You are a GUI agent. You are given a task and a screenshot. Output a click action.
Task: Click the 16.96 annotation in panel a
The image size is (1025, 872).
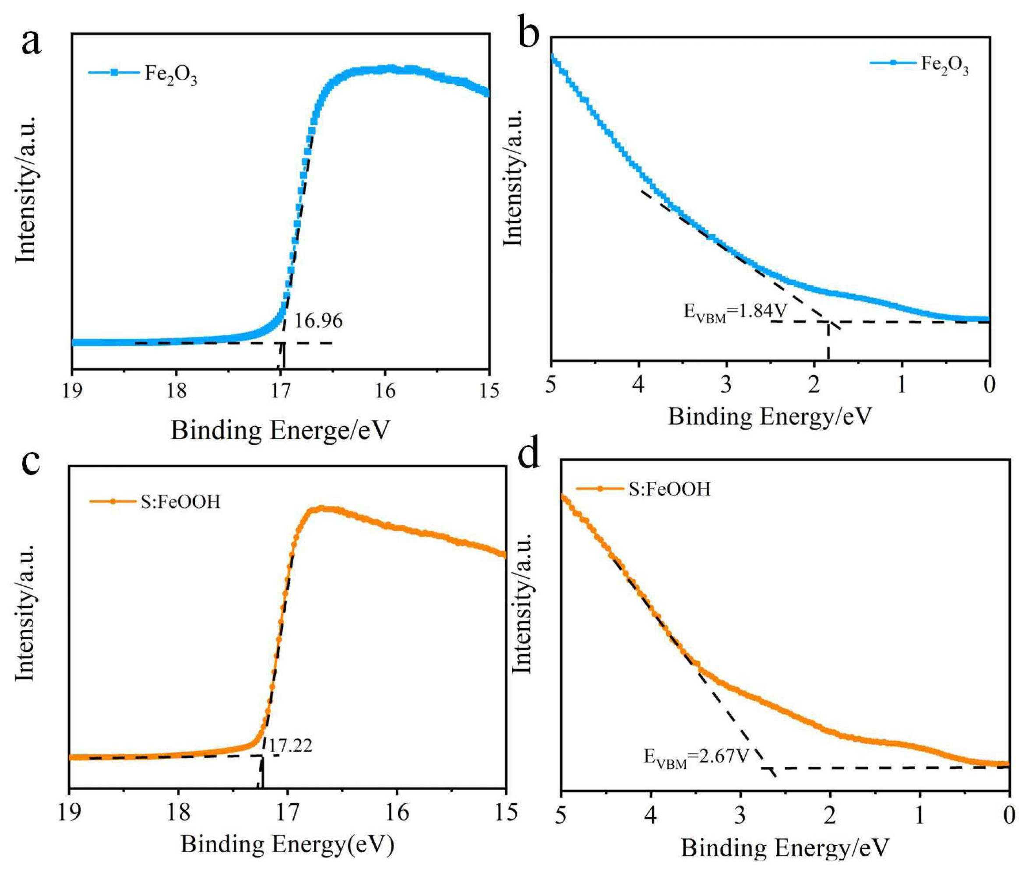318,321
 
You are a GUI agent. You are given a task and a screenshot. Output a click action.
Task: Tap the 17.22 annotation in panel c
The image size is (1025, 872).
290,745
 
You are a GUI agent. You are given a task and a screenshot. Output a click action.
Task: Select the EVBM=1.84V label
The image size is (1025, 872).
735,312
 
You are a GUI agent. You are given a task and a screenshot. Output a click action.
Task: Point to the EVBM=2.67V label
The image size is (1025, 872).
696,757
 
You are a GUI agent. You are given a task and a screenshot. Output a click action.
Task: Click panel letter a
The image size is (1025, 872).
31,42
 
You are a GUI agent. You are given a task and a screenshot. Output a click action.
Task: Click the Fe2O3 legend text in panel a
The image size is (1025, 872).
171,74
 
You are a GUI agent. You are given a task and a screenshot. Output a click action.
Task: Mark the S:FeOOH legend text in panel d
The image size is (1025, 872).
669,489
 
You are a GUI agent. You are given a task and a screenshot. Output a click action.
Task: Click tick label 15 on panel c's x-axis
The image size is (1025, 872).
505,812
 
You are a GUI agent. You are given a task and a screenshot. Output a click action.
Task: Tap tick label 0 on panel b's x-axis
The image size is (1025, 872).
989,384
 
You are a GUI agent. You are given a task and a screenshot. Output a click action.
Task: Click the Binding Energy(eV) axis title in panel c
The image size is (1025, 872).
287,844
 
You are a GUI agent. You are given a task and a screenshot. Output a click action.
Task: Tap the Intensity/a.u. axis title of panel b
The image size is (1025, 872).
513,178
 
